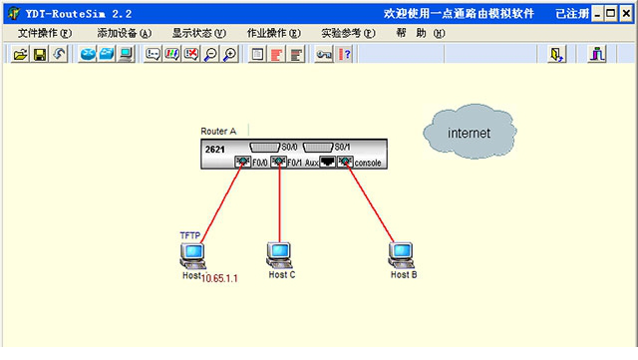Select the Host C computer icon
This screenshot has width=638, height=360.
[279, 254]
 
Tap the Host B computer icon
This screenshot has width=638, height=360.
[402, 254]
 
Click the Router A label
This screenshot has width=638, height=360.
[218, 131]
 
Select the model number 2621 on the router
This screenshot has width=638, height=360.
[214, 149]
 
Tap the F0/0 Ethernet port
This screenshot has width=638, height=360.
[242, 162]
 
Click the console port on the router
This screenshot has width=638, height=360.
[345, 162]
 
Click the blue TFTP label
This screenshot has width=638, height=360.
[189, 235]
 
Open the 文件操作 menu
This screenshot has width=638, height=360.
[44, 33]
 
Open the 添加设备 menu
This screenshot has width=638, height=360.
[124, 33]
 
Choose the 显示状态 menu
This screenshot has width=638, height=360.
[197, 33]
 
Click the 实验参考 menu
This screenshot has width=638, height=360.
[347, 33]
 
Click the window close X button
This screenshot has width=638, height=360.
[626, 14]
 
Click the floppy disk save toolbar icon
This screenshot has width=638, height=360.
[40, 55]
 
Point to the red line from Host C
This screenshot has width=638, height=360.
[279, 204]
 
